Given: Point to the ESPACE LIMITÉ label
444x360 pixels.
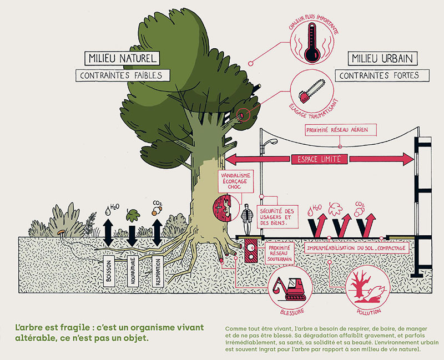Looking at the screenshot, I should point(319,159).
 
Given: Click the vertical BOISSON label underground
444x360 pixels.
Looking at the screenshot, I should point(109,272).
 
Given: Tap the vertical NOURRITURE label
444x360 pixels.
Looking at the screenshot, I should point(132,272).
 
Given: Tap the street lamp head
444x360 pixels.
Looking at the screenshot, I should point(273,143).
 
